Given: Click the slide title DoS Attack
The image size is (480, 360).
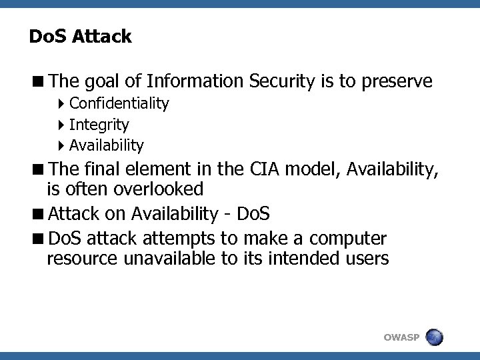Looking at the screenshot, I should tap(80, 37).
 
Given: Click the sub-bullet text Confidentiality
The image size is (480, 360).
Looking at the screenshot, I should tap(119, 104).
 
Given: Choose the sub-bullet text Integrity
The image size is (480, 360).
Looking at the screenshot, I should tap(99, 125).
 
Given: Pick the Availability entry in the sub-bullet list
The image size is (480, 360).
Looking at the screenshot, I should tap(106, 145).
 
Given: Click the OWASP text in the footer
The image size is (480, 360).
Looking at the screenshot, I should tap(401, 338).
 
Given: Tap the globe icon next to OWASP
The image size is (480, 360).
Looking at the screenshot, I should tap(434, 337).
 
